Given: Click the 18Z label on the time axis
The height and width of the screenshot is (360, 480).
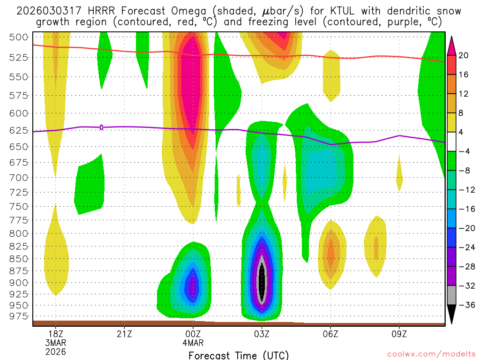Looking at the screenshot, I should coord(56,334).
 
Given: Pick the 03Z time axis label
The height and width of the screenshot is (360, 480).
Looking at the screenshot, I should coord(262,334).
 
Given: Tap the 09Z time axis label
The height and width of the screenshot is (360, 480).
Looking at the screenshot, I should coord(399,334).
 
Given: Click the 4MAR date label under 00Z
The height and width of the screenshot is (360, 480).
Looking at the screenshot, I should coord(193,343).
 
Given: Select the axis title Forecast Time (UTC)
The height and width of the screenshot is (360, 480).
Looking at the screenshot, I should coord(239,355).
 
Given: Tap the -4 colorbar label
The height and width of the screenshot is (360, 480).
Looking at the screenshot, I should coord(464,151).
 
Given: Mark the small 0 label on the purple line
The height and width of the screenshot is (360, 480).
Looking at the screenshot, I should coord(101,127).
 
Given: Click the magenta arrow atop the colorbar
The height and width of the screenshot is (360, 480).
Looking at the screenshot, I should coord(452,45).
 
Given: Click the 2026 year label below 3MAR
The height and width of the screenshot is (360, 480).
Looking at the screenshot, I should coord(56,352).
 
